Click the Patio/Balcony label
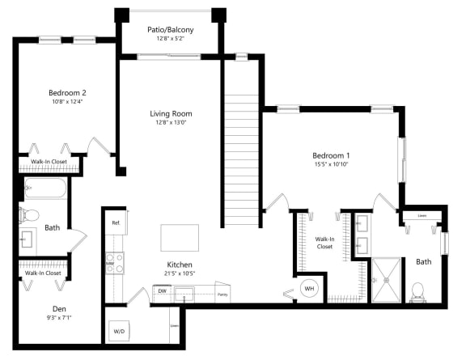[170, 30]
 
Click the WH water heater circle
[309, 288]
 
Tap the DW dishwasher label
[162, 291]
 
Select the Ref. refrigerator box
[116, 222]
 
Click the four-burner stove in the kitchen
[115, 263]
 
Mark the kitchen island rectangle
[179, 238]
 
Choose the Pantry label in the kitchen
[222, 294]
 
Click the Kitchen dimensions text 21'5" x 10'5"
[179, 275]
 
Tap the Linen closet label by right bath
[422, 216]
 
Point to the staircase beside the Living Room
[241, 162]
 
